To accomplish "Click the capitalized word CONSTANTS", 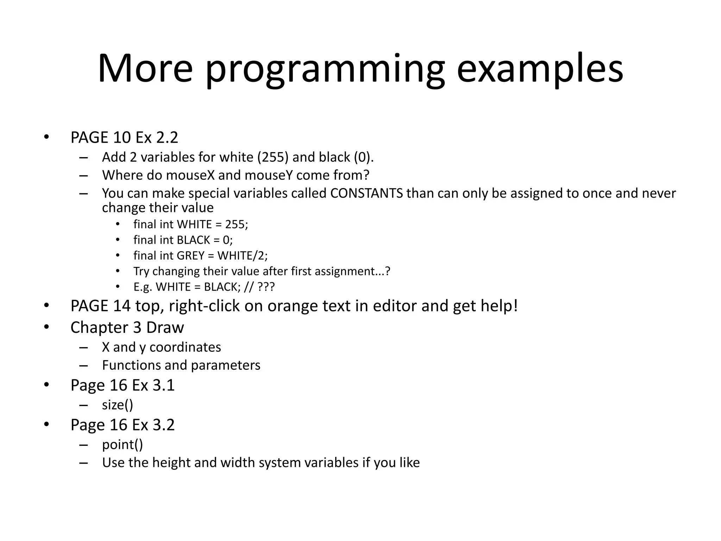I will (366, 193).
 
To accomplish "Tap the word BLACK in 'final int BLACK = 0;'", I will (193, 240).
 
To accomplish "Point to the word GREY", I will (190, 255).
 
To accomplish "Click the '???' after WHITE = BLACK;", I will (266, 287).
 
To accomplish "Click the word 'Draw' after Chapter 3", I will (165, 328).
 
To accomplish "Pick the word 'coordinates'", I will (185, 347).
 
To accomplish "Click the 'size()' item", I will (118, 405).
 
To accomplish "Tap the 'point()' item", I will (123, 444).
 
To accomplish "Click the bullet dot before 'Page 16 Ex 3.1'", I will (46, 385).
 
